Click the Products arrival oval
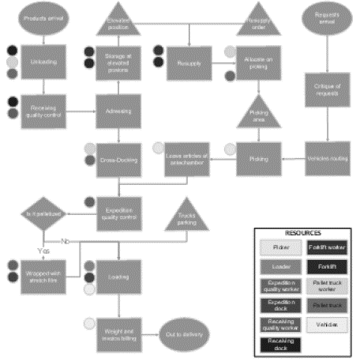click(x=40, y=18)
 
